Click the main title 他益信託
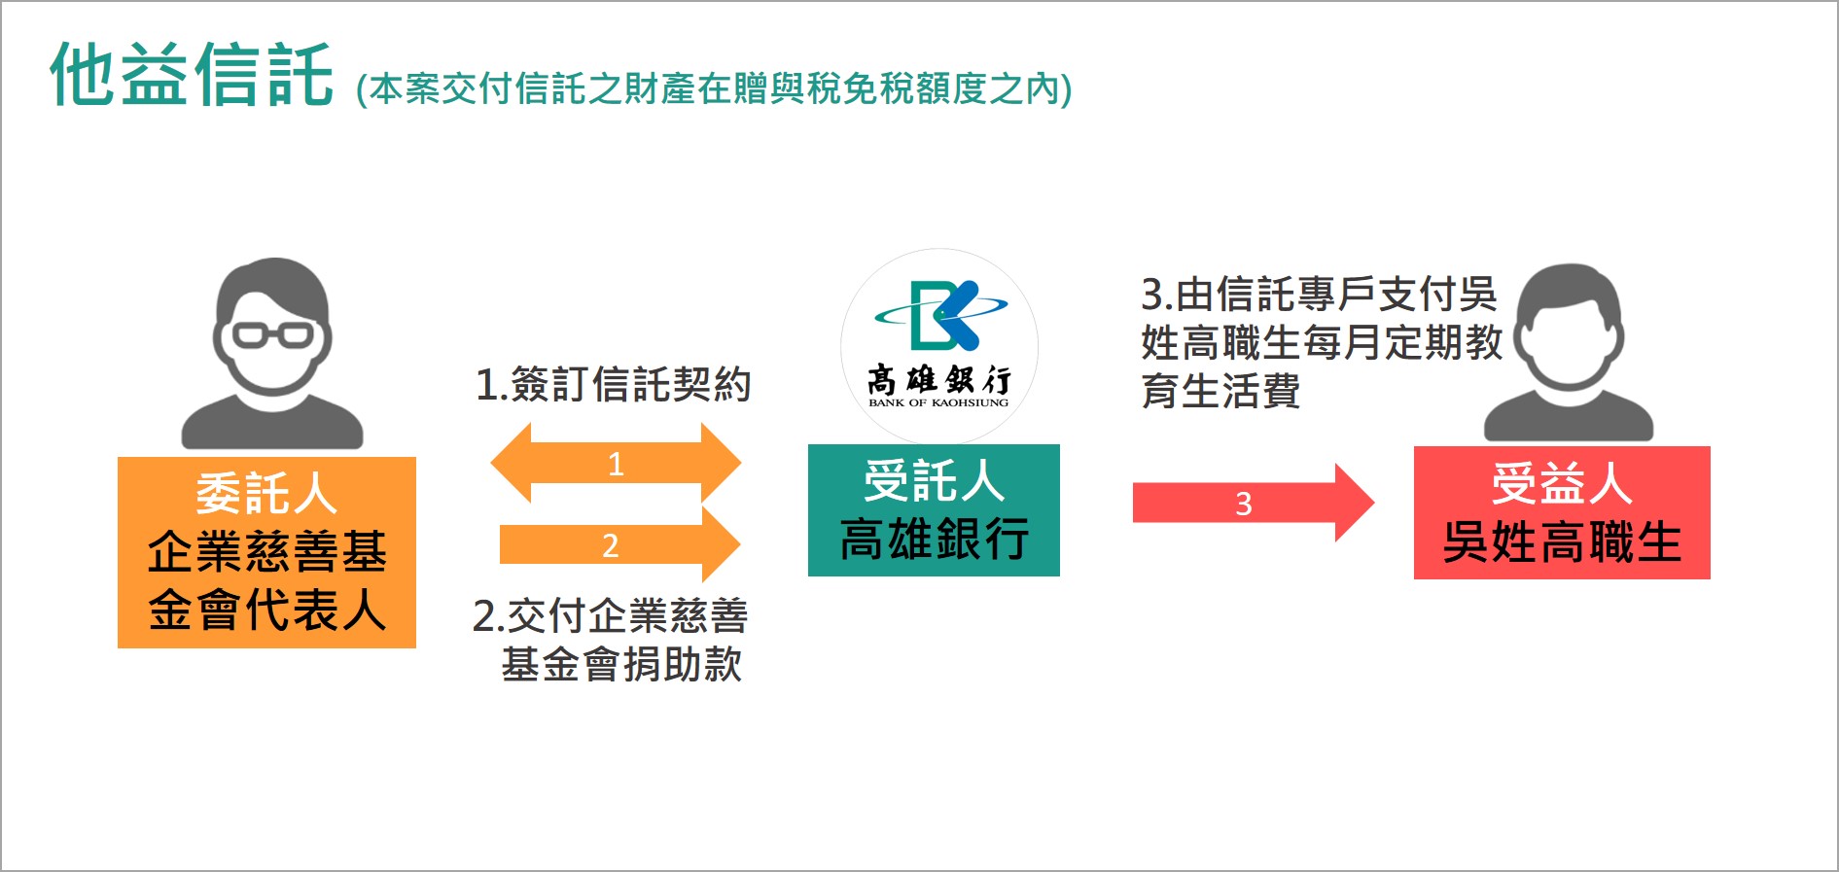point(192,74)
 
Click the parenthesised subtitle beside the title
point(714,89)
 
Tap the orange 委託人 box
point(266,552)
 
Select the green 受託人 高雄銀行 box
point(934,510)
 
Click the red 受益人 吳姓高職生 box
point(1562,513)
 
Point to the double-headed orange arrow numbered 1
point(616,463)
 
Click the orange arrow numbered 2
point(619,544)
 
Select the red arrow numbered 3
point(1254,503)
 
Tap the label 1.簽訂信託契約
point(613,385)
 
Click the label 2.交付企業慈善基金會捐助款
point(610,641)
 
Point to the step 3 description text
point(1322,342)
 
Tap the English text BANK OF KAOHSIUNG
point(938,402)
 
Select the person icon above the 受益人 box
point(1569,353)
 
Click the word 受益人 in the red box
point(1562,483)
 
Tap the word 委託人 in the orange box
point(266,493)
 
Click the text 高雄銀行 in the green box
point(935,540)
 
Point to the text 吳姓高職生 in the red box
point(1562,542)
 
